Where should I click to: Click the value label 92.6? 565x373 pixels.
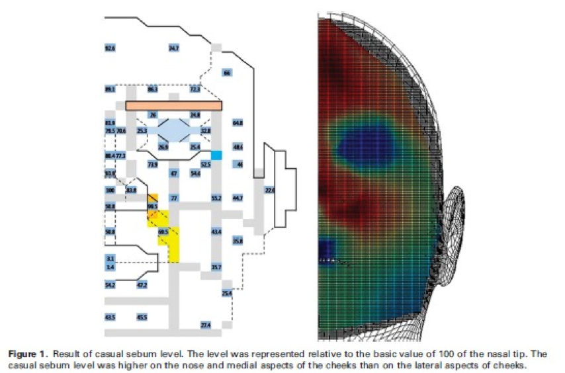(110, 48)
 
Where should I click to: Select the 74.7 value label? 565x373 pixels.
(173, 48)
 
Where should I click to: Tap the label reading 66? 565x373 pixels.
(227, 73)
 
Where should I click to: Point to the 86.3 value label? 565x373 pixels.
(152, 89)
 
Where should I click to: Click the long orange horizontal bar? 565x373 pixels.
(173, 105)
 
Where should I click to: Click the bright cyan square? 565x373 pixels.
(216, 154)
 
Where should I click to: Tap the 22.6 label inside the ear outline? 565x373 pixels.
(269, 190)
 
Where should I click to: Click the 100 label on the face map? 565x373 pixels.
(110, 190)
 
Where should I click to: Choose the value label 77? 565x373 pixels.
(174, 198)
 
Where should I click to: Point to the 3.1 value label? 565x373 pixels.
(110, 257)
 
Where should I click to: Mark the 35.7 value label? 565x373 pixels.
(216, 267)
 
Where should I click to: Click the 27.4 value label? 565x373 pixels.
(205, 325)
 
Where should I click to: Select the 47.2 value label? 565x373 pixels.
(142, 285)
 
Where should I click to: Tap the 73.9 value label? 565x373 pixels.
(152, 164)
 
